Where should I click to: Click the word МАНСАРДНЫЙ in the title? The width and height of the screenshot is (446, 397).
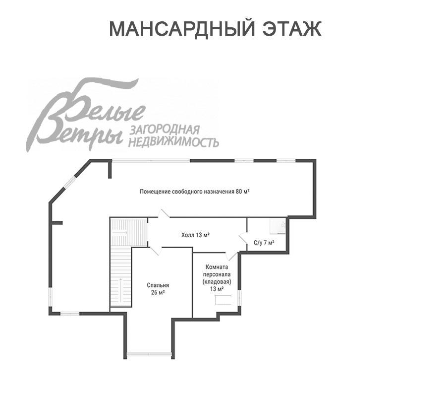point(180,29)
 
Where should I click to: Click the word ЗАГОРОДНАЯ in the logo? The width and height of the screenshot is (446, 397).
point(164,131)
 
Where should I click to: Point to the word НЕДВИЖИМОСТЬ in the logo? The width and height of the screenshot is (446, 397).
point(173,142)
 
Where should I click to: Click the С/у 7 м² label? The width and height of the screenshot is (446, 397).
point(264,243)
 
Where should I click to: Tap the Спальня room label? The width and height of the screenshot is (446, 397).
point(158,285)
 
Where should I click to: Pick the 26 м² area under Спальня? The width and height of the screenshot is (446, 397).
point(158,293)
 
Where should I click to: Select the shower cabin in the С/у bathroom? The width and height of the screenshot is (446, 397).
point(278,226)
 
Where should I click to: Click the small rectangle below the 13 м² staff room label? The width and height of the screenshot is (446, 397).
point(223,300)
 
